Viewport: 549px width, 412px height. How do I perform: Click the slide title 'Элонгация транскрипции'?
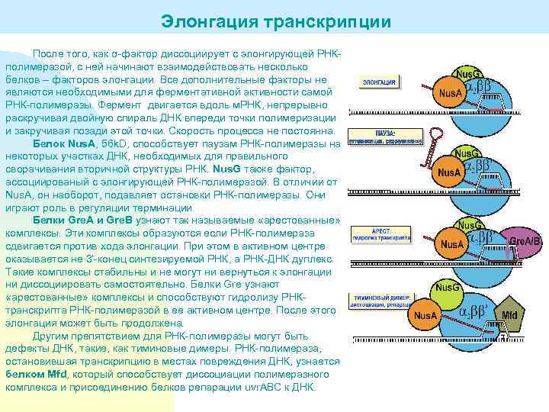[x=275, y=21]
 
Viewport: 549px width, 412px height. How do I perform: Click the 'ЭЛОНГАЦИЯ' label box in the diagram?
[x=378, y=82]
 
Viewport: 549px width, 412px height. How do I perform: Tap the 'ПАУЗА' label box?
[x=386, y=137]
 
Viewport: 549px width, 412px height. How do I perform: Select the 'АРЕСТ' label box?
[x=380, y=233]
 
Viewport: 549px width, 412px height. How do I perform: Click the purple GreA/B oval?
[x=525, y=241]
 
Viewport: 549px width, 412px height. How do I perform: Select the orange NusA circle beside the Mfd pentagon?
[x=425, y=314]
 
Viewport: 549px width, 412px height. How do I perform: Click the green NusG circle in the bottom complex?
[x=447, y=288]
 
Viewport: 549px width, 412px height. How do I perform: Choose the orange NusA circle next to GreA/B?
[x=452, y=244]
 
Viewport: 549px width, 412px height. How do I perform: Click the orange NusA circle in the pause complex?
[x=449, y=172]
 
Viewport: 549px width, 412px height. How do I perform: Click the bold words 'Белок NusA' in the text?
[x=65, y=143]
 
